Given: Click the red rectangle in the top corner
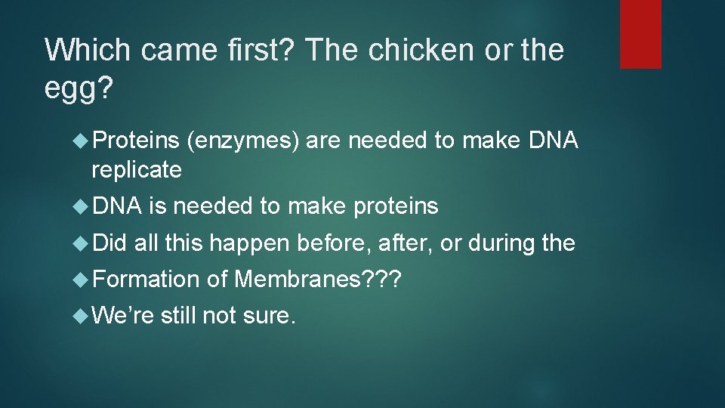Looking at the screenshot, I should click(640, 34).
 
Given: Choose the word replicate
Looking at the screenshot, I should click(137, 170).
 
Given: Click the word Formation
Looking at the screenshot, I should click(146, 280).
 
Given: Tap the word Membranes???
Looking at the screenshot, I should click(319, 280).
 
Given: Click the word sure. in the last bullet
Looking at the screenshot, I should click(269, 316).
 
